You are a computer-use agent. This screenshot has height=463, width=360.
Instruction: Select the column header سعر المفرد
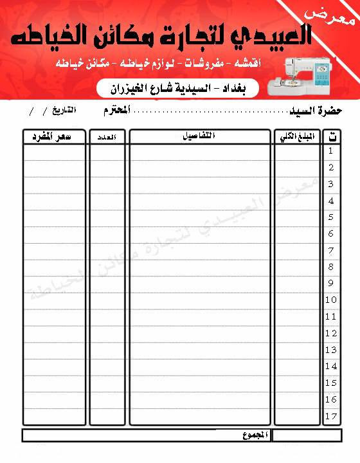(x=54, y=136)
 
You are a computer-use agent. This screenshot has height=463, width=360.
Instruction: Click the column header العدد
(x=107, y=136)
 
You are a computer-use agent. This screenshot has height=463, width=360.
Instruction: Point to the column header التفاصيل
(x=199, y=136)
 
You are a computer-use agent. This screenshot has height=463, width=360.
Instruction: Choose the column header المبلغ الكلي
(x=297, y=136)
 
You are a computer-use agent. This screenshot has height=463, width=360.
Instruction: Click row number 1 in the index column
(x=331, y=152)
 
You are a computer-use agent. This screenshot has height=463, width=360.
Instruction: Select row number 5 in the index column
(x=331, y=217)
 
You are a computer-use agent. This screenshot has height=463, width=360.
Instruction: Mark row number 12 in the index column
(x=331, y=333)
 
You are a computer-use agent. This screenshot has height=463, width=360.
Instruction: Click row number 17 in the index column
(x=331, y=416)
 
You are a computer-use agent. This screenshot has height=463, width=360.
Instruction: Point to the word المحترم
(x=116, y=111)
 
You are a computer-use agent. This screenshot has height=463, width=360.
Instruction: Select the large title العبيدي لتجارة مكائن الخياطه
(x=164, y=37)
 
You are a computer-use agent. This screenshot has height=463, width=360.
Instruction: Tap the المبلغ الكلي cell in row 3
(x=297, y=185)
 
